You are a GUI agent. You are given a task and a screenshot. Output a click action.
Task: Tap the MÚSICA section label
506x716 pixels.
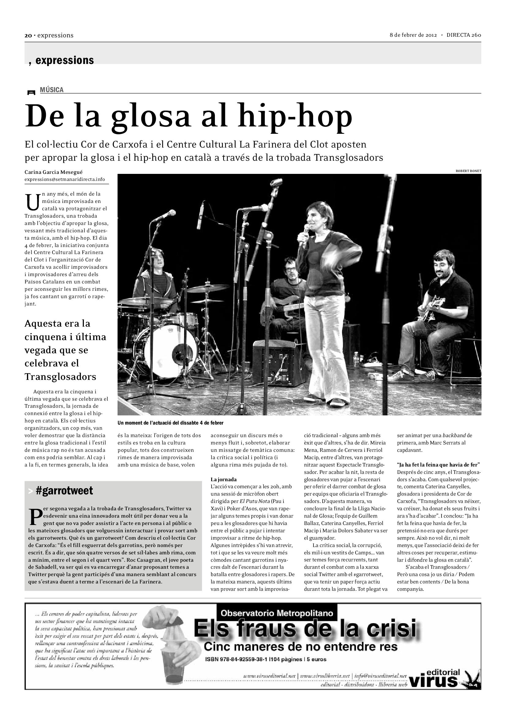point(52,90)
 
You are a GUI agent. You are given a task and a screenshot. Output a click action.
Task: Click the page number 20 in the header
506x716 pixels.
point(28,36)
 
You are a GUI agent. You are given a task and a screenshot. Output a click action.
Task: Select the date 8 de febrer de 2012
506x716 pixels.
point(413,35)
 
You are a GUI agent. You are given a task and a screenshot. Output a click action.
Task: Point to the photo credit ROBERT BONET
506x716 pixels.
point(468,171)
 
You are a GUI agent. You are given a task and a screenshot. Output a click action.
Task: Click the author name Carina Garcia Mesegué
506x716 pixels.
point(54,172)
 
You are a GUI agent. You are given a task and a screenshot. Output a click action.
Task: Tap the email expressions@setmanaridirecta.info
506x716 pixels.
point(65,179)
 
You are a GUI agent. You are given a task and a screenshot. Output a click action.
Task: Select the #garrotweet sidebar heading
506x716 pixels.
point(64,490)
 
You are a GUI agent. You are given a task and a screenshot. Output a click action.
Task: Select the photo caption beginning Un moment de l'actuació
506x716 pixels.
point(171,423)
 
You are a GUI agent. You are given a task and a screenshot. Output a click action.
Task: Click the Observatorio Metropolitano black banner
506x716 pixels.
point(277,613)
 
